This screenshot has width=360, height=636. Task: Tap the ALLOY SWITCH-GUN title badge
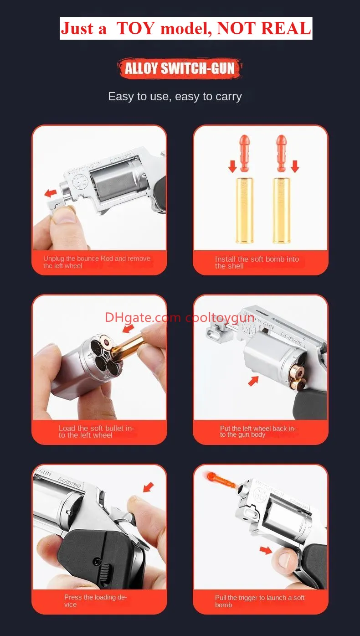coord(180,68)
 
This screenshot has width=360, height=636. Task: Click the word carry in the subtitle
coord(228,97)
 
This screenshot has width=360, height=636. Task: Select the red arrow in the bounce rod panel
coord(51,193)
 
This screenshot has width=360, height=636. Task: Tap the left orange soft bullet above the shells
coord(244,153)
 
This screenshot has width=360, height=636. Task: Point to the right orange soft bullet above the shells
coord(282,153)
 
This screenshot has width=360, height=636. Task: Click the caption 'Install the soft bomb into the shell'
coord(257,262)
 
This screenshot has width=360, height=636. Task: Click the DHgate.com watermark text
coord(143,318)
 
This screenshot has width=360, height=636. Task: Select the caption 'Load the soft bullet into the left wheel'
coord(96,432)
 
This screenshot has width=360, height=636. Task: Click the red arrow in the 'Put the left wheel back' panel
coord(253,381)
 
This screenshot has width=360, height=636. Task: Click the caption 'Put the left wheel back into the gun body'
coord(257,431)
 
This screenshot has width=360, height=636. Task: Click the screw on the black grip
coord(97,561)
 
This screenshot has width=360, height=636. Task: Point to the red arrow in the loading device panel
coord(149,487)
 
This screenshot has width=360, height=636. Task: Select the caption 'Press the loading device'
coord(95,601)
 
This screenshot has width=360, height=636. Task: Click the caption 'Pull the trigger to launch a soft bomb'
coord(260,601)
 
